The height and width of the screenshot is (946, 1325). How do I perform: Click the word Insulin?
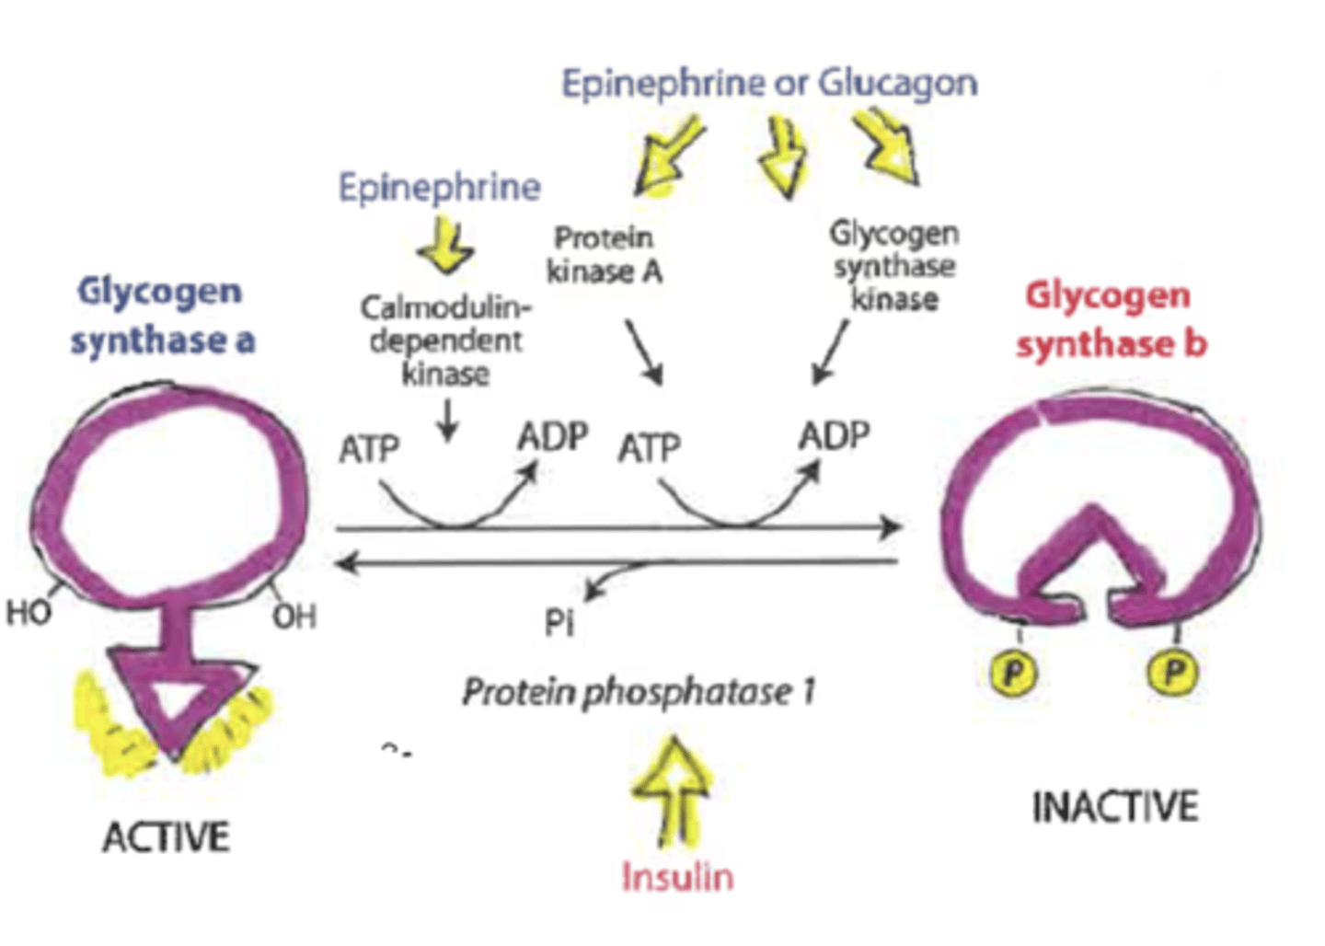677,876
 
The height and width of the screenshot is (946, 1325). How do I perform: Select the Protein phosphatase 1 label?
639,691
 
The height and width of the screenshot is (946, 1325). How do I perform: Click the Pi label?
559,623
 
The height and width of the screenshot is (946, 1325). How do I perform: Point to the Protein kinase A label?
605,254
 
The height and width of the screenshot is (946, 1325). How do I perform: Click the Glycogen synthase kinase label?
893,266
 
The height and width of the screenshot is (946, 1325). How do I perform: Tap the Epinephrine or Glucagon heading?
769,84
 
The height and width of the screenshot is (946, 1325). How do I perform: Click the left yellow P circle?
1013,672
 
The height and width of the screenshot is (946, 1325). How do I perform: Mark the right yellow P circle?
1173,672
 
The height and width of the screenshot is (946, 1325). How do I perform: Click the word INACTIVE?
1114,807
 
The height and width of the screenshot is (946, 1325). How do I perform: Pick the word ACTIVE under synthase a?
166,837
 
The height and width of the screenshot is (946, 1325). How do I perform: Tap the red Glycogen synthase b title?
1111,320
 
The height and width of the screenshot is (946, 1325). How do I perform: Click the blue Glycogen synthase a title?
162,316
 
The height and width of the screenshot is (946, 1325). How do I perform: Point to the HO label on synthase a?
28,612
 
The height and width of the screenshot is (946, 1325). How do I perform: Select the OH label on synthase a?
294,616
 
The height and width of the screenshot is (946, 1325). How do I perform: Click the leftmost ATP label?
369,449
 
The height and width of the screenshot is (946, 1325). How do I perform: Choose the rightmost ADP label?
834,435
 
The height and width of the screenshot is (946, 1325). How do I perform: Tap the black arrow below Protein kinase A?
644,352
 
